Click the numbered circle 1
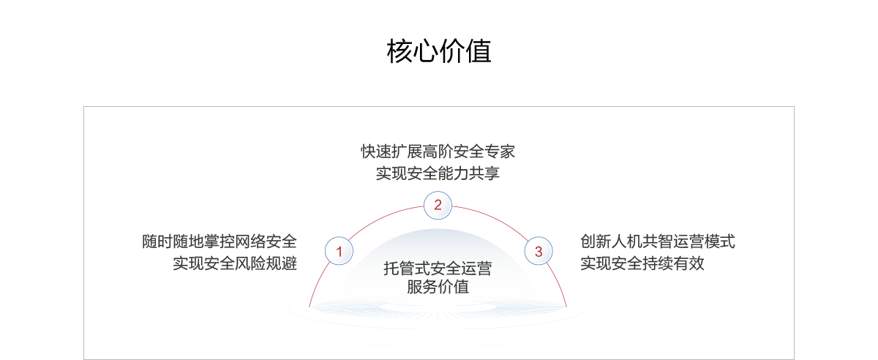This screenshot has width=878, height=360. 339,252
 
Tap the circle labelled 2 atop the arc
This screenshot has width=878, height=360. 438,205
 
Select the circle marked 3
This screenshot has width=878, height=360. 539,252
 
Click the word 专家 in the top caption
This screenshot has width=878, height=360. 500,152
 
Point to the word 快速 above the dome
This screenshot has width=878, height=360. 376,152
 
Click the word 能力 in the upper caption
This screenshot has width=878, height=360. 453,173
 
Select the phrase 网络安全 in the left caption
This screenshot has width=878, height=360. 266,241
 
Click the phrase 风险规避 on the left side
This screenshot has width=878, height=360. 266,263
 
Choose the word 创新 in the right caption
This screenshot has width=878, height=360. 596,241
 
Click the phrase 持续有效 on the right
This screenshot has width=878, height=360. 673,263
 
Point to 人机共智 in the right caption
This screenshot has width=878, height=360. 642,241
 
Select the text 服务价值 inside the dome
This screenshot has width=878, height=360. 438,287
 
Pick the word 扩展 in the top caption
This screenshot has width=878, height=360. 407,152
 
